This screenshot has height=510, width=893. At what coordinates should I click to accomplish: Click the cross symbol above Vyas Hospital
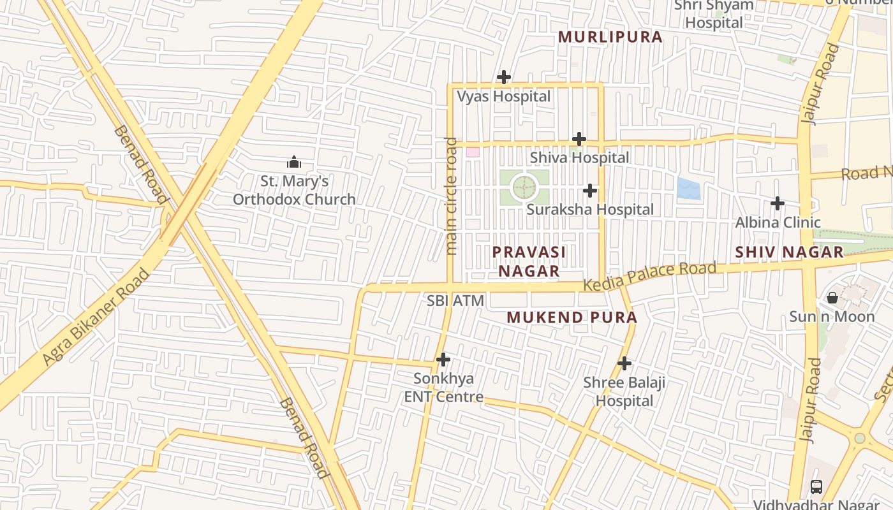click(503, 78)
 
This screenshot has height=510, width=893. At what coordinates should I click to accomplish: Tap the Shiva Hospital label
click(579, 157)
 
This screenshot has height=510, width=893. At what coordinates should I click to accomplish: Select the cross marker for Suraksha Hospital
click(590, 191)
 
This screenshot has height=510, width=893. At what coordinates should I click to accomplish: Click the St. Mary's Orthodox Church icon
click(294, 162)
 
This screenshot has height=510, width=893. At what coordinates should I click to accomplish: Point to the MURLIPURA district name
click(610, 37)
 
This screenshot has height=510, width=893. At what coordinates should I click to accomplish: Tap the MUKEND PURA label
click(572, 317)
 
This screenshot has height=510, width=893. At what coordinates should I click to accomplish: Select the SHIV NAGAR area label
click(789, 252)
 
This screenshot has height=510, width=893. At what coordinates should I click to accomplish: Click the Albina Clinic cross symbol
click(777, 203)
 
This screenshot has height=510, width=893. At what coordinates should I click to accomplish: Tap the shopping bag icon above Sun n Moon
click(832, 298)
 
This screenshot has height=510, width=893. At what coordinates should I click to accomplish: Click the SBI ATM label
click(455, 301)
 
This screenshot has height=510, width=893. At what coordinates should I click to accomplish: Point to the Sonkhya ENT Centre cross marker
click(443, 360)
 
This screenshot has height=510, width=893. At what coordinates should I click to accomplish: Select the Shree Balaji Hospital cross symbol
click(624, 363)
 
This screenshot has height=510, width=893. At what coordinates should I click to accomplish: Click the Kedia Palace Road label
click(649, 276)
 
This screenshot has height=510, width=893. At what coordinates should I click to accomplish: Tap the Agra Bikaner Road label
click(96, 317)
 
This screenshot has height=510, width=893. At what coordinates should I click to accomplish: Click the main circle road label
click(452, 196)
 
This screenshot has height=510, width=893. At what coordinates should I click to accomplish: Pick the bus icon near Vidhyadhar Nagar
click(816, 487)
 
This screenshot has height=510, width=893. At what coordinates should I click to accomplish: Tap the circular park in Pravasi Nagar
click(524, 188)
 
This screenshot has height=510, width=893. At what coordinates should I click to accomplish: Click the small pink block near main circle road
click(472, 152)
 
